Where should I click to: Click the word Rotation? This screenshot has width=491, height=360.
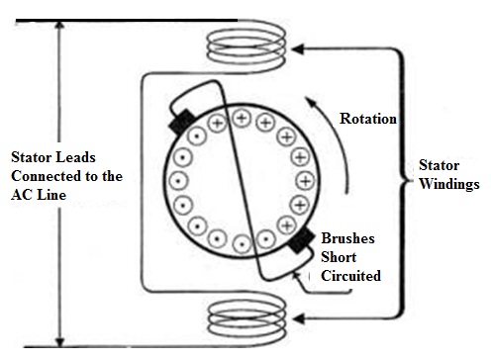coord(368,119)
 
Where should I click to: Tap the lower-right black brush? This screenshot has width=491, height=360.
coord(303,240)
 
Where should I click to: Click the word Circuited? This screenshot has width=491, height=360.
coord(350,276)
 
